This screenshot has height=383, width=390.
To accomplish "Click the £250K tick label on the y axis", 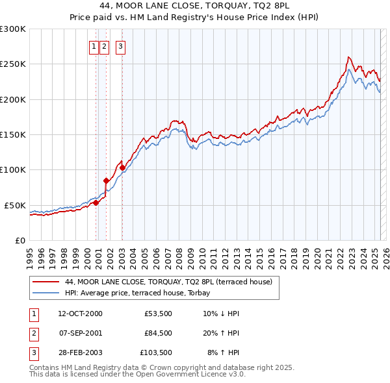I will [13, 64].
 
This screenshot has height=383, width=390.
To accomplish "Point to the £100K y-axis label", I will [13, 169].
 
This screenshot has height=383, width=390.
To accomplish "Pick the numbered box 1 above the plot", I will [94, 46].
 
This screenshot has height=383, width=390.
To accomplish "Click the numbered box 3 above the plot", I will [121, 46].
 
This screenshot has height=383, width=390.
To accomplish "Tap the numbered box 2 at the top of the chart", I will [105, 46].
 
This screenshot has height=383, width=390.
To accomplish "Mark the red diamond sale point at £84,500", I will [106, 180].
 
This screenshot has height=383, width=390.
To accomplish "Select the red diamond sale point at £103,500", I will [123, 167].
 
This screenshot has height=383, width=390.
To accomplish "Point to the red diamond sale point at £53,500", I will [96, 203].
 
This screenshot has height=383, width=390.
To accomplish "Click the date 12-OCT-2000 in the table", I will [80, 314].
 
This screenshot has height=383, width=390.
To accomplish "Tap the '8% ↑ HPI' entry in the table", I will [223, 353].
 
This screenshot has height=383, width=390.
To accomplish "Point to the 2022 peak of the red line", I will [349, 57].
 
